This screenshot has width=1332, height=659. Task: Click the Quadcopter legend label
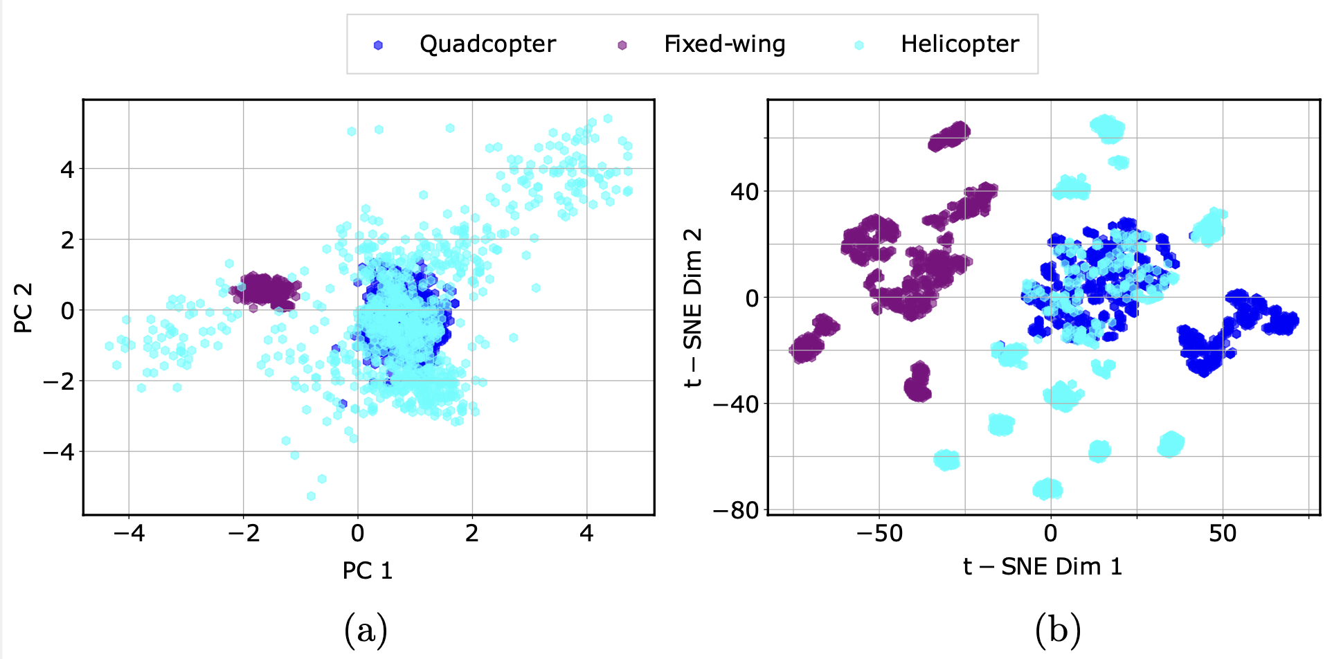(x=487, y=44)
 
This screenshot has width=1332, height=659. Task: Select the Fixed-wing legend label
(x=724, y=44)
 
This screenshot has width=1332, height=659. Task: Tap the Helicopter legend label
(x=960, y=44)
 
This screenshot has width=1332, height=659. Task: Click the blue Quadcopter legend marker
(x=378, y=45)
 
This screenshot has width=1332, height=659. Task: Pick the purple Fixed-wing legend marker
(x=622, y=45)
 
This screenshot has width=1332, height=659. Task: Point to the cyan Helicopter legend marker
(x=859, y=45)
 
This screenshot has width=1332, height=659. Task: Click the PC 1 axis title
(x=368, y=570)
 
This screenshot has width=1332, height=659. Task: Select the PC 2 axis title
(x=24, y=308)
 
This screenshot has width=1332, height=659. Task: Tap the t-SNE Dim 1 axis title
(x=1042, y=566)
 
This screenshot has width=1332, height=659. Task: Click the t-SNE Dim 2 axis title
(x=693, y=308)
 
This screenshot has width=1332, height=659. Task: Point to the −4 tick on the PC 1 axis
(x=129, y=533)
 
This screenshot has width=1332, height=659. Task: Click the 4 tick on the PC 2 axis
(x=67, y=169)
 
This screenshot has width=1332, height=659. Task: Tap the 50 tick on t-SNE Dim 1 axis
(x=1223, y=533)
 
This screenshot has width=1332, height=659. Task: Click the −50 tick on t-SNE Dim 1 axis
(x=879, y=533)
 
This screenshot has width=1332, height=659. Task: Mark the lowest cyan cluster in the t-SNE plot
(x=1047, y=489)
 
